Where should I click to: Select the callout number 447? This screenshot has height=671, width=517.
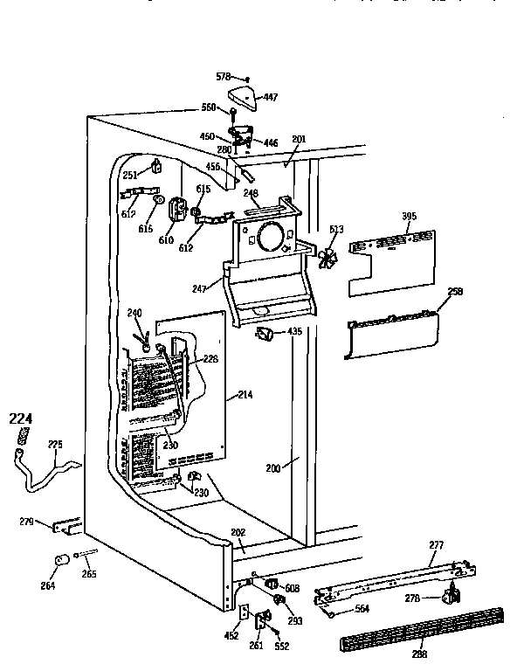(271, 97)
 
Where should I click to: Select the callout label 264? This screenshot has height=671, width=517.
(48, 585)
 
